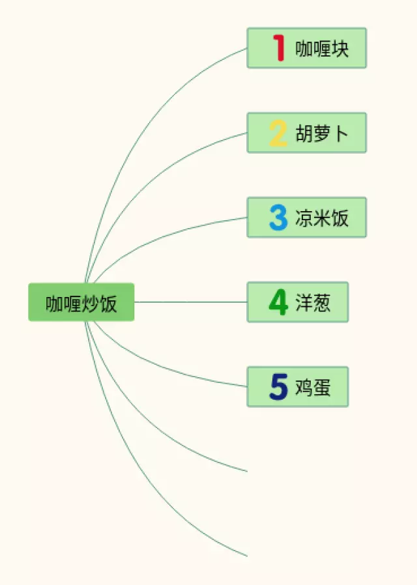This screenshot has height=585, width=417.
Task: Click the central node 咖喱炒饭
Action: tap(81, 302)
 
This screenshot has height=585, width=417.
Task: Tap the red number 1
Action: tap(279, 48)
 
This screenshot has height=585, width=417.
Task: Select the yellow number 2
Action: tap(278, 133)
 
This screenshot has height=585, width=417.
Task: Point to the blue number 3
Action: tap(278, 218)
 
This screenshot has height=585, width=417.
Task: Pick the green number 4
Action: tap(278, 302)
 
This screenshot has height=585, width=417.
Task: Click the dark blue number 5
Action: tap(278, 387)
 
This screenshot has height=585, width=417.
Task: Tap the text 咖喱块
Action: tap(322, 49)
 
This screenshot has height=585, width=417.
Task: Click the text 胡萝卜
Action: tap(322, 134)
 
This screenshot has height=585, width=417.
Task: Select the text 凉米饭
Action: tap(322, 218)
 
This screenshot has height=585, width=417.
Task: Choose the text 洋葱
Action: tap(313, 303)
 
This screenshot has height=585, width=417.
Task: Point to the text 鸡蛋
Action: tap(313, 388)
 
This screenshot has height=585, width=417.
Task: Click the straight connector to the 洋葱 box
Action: tap(189, 302)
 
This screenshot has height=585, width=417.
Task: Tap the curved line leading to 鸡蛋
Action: tap(163, 365)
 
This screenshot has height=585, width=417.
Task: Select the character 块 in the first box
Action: tap(340, 49)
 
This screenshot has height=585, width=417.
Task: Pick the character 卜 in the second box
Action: tap(340, 134)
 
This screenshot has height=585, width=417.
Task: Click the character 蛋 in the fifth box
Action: tap(322, 388)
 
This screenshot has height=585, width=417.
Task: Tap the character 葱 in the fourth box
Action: tap(322, 303)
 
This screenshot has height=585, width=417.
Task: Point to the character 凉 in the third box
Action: tap(304, 218)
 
